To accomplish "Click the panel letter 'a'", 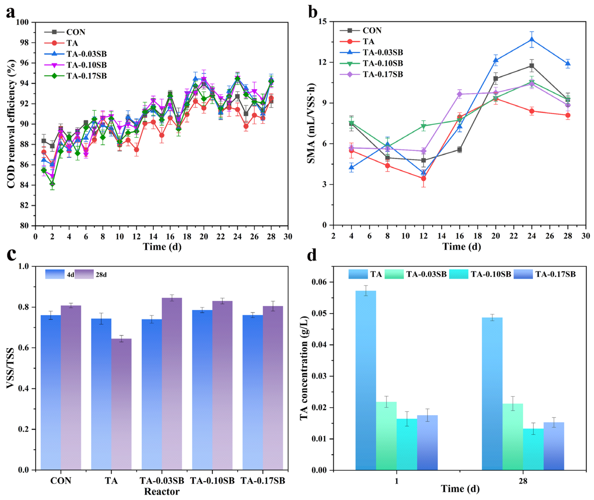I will pos(11,13).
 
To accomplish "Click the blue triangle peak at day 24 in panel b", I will pos(532,40).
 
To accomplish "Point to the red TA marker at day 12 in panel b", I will pos(423,178).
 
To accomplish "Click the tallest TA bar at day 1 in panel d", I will pos(366,380).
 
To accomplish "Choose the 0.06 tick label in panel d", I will pos(319,282).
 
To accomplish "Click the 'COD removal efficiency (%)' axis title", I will pos(11,124).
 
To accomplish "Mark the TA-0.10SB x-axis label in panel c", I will pos(212,481).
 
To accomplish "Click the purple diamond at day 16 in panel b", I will pos(460,94).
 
